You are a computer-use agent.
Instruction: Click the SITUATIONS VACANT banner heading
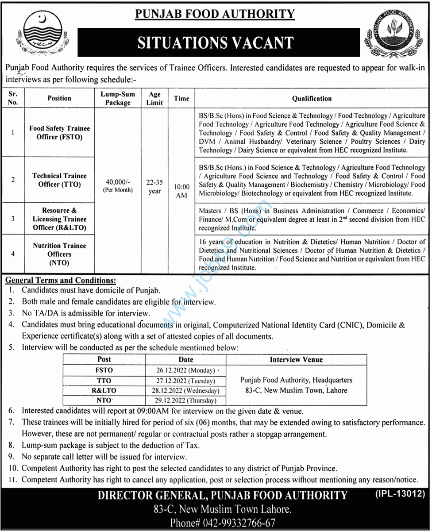(216, 42)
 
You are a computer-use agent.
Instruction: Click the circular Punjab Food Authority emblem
(392, 39)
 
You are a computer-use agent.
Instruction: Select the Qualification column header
(312, 98)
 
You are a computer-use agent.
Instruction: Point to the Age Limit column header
(154, 98)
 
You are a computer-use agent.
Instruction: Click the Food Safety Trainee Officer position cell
(59, 133)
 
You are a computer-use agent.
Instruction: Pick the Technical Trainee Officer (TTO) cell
(59, 180)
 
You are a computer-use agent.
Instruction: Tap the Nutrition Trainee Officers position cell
(59, 254)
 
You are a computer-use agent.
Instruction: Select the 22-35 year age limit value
(154, 187)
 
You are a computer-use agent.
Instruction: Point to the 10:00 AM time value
(181, 191)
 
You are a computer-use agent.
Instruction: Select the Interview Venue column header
(296, 359)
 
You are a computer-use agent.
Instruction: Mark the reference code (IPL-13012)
(401, 493)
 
